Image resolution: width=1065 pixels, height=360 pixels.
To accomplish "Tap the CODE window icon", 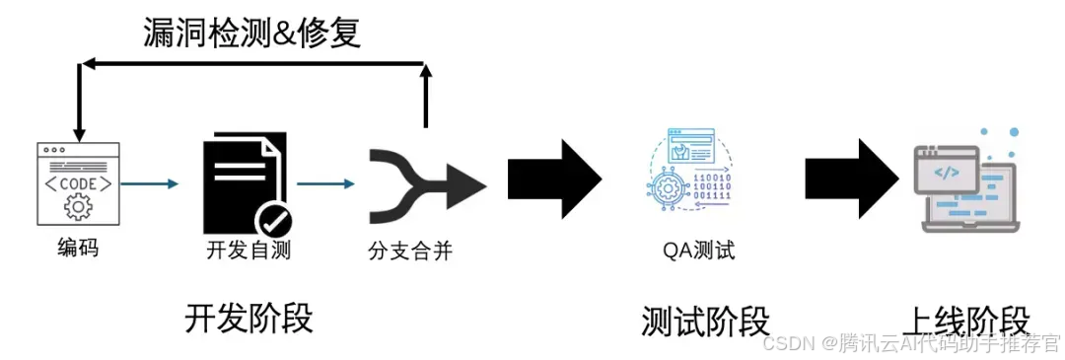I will [x=78, y=183].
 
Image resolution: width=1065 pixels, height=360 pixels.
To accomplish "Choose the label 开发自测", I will [x=248, y=250].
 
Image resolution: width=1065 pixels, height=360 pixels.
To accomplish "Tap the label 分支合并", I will [x=409, y=250].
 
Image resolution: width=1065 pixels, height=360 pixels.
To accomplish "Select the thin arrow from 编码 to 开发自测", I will [x=150, y=183].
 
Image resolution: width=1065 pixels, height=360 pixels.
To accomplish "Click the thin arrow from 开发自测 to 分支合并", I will [x=325, y=183].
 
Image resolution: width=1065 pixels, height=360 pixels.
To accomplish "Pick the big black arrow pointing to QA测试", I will [x=554, y=179].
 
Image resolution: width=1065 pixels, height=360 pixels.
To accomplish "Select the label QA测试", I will [x=698, y=250].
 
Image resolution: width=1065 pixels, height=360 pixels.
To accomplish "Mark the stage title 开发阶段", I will [x=248, y=319].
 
